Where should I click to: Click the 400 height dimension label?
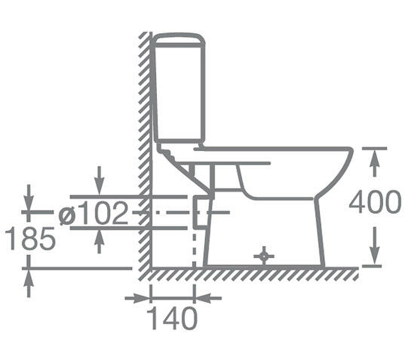(375, 201)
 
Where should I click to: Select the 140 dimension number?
(172, 318)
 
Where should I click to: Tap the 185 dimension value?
(31, 238)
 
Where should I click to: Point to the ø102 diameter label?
(93, 213)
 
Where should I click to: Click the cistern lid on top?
(179, 40)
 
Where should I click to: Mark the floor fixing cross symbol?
(264, 256)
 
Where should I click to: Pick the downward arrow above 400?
(374, 246)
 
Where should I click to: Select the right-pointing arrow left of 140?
(137, 298)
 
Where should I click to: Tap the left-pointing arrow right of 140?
(208, 298)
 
